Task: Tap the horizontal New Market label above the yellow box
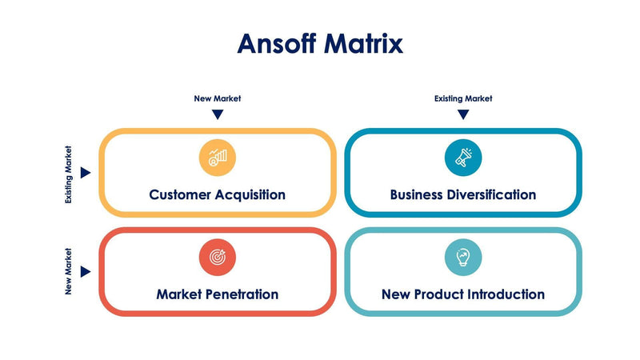pyautogui.click(x=217, y=98)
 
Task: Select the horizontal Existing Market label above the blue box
pyautogui.click(x=463, y=98)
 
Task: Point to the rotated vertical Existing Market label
pyautogui.click(x=69, y=174)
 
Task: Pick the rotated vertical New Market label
pyautogui.click(x=69, y=272)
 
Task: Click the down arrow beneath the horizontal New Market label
pyautogui.click(x=217, y=114)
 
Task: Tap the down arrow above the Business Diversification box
pyautogui.click(x=463, y=114)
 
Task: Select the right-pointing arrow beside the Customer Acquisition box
pyautogui.click(x=86, y=173)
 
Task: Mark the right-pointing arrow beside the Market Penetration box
pyautogui.click(x=86, y=272)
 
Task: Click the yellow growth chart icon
pyautogui.click(x=217, y=157)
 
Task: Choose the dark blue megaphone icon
pyautogui.click(x=463, y=157)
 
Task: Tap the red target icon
pyautogui.click(x=217, y=257)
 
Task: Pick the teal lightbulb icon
pyautogui.click(x=463, y=257)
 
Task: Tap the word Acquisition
pyautogui.click(x=248, y=194)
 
